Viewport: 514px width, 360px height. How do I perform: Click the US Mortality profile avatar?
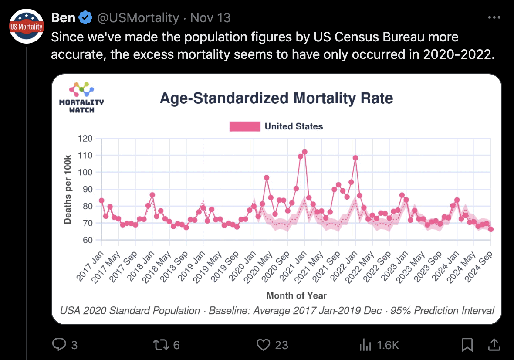click(27, 26)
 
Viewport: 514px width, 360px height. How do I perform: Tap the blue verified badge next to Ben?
click(85, 18)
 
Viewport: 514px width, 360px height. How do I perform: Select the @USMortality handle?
click(138, 18)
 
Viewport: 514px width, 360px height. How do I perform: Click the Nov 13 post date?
click(210, 18)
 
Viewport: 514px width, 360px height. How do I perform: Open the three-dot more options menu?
click(494, 18)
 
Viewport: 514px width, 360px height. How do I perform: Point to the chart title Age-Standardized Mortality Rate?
click(276, 98)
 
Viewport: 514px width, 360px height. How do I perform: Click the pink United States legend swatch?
click(245, 126)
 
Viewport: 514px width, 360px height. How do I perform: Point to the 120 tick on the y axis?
click(85, 139)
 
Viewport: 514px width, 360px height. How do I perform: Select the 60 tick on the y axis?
click(87, 240)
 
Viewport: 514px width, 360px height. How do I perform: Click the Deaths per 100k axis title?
click(68, 189)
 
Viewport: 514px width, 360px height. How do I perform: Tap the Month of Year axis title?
click(296, 295)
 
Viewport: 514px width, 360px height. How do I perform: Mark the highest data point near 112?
click(304, 152)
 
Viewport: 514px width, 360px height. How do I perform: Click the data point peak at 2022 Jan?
click(355, 158)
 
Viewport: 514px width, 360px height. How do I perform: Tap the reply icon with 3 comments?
click(58, 345)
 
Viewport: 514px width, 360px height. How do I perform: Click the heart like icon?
click(263, 345)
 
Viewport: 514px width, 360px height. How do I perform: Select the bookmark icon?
click(467, 345)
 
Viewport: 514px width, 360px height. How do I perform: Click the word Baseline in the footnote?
click(227, 311)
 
